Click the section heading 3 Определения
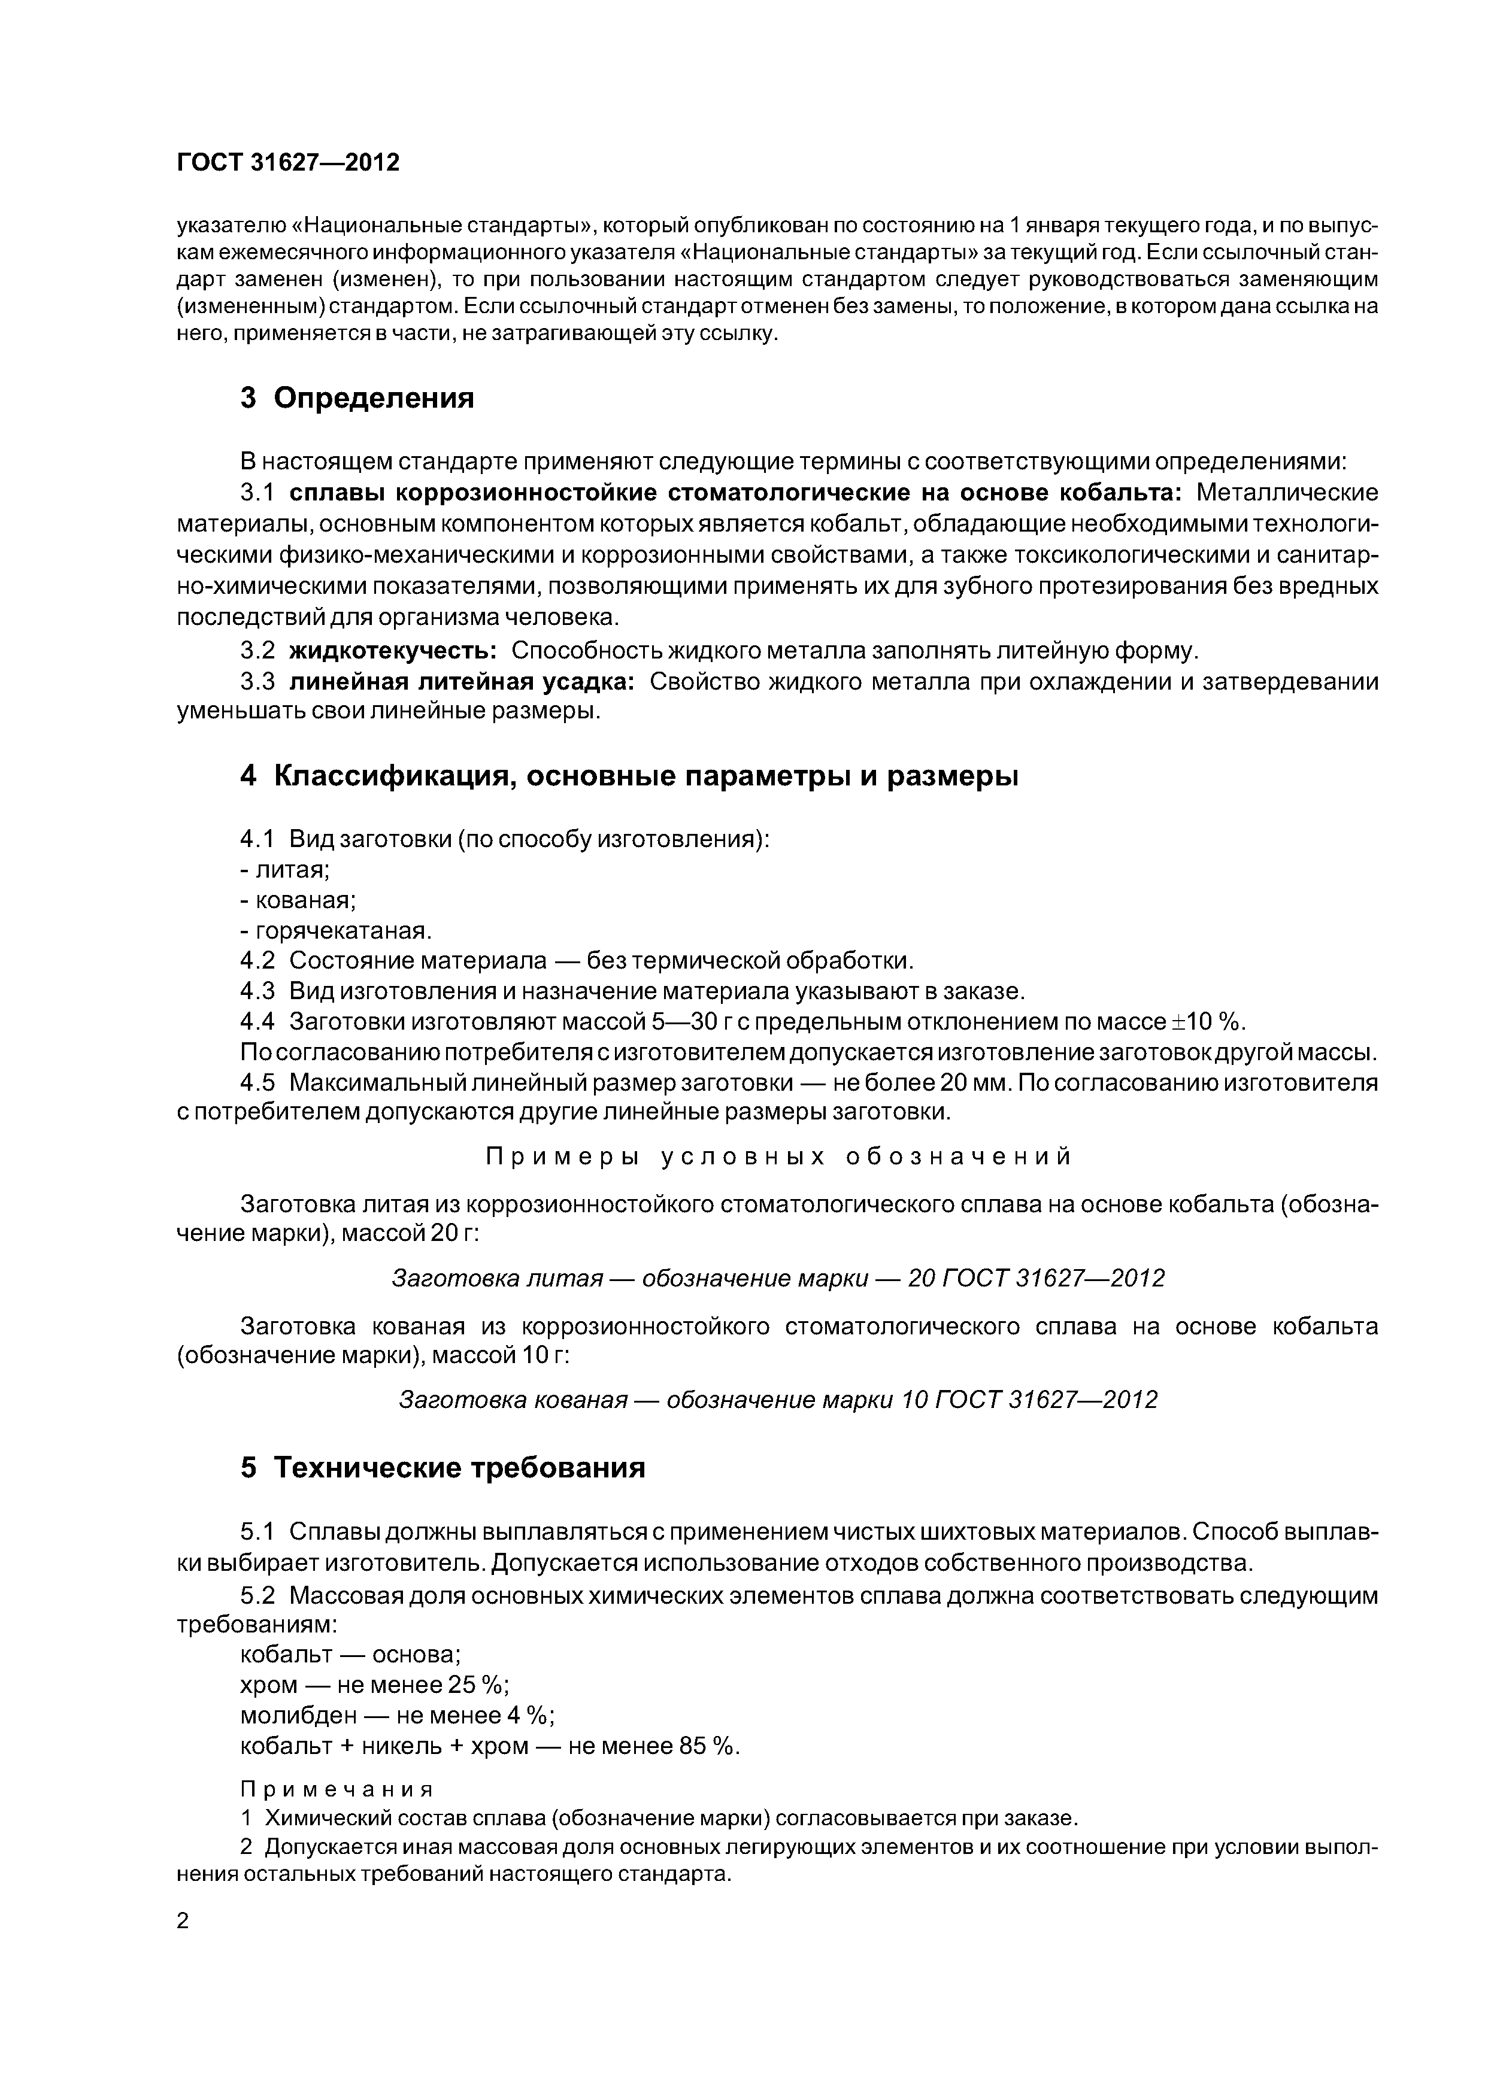357,398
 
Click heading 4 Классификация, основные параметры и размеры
629,776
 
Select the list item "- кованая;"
298,900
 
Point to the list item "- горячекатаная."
335,930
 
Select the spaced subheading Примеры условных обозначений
778,1157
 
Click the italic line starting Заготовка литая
778,1277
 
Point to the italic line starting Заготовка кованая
778,1400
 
